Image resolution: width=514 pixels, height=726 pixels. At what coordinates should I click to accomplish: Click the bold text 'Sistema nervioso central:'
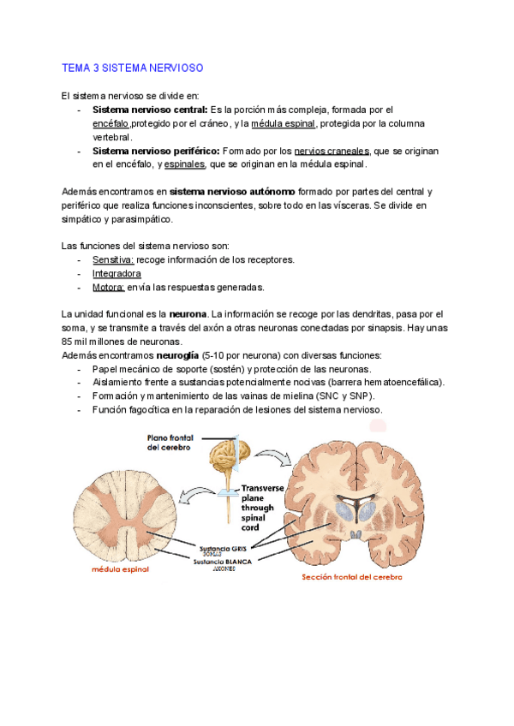click(150, 110)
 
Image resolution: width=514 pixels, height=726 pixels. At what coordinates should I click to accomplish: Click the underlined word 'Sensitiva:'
click(113, 259)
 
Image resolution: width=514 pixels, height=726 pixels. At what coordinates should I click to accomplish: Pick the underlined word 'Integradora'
click(118, 273)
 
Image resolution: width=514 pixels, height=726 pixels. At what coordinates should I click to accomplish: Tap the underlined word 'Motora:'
click(109, 287)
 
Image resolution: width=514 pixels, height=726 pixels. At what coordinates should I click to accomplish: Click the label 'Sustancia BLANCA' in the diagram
click(222, 562)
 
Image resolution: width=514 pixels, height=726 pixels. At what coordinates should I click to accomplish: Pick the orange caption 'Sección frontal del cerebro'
click(351, 577)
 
